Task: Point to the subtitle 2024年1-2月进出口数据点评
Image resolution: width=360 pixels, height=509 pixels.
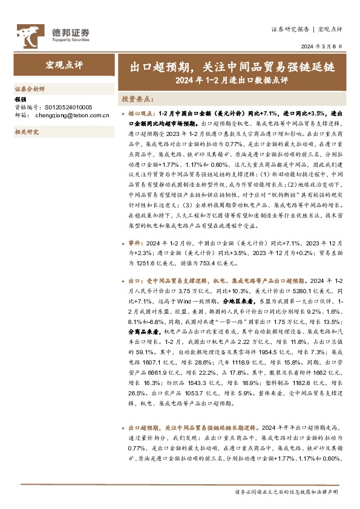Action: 232,79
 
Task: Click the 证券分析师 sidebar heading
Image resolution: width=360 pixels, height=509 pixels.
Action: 30,88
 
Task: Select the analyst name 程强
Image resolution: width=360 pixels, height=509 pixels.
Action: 20,99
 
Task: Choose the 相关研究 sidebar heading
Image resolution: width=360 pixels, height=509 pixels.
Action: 26,131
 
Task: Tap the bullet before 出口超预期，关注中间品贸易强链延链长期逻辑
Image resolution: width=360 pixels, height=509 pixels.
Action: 123,426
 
